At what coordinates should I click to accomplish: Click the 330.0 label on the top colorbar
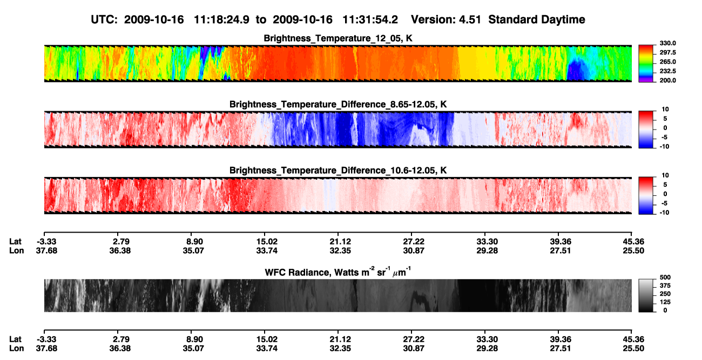click(x=667, y=43)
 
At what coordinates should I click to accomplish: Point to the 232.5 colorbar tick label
click(x=667, y=71)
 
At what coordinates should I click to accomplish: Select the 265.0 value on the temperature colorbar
click(x=667, y=62)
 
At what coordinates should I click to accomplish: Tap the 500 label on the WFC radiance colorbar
click(x=665, y=277)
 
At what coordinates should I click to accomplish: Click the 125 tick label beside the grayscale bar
click(x=665, y=302)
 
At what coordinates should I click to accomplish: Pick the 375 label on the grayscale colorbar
click(x=665, y=286)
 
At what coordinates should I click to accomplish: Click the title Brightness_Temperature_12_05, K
click(x=338, y=38)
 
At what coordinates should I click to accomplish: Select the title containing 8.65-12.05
click(x=338, y=104)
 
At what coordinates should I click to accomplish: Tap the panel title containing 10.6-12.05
click(x=338, y=171)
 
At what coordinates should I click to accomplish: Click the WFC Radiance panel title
click(x=338, y=272)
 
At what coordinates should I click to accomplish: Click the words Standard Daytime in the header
click(x=537, y=19)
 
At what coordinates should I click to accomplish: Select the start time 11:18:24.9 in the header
click(x=221, y=19)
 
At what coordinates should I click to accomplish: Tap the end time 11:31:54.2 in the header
click(x=370, y=19)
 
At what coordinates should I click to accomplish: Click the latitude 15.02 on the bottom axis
click(x=267, y=339)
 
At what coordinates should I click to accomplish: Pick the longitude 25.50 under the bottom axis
click(x=633, y=349)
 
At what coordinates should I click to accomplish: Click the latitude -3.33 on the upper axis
click(x=46, y=242)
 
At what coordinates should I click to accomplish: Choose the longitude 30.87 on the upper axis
click(x=414, y=250)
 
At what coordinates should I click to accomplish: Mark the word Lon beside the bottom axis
click(x=17, y=349)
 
